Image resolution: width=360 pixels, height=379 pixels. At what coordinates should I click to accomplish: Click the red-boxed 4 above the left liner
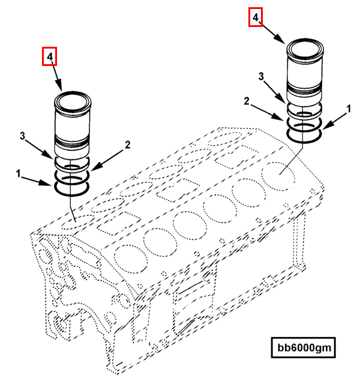[x=50, y=57]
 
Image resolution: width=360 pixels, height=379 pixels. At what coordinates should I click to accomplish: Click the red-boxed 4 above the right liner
[x=256, y=18]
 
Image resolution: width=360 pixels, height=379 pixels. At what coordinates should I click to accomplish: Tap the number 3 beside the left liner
[x=22, y=137]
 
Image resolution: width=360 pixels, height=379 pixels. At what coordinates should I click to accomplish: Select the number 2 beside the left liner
[x=127, y=145]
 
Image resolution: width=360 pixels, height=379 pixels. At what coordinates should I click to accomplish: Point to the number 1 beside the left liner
[x=19, y=174]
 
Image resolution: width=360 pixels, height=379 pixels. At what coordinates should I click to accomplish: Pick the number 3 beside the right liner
[x=261, y=76]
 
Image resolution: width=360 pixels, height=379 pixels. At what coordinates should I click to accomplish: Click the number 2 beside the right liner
[x=246, y=103]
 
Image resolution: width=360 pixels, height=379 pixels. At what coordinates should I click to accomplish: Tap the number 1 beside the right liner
[x=349, y=109]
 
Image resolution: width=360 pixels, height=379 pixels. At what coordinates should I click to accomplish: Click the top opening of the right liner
[x=305, y=46]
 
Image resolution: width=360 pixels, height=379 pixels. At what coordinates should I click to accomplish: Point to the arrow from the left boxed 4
[x=58, y=78]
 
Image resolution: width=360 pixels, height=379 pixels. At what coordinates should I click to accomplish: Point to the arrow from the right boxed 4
[x=274, y=33]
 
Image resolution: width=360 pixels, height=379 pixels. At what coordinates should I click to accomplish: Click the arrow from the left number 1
[x=39, y=181]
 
